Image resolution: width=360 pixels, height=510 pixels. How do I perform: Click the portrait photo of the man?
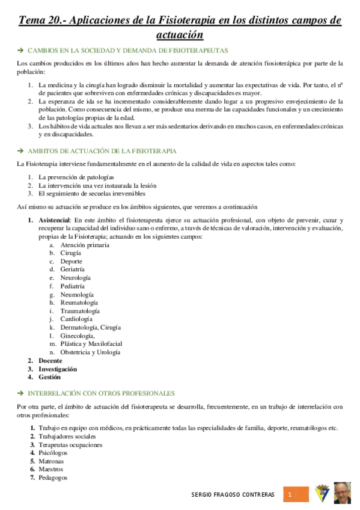[x=343, y=493]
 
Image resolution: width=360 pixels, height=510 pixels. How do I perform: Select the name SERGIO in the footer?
[x=202, y=495]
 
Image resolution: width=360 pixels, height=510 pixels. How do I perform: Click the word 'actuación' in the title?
[x=180, y=34]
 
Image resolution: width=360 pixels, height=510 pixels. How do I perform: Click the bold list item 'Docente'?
[x=50, y=360]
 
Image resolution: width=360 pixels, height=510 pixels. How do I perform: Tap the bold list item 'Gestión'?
[x=49, y=377]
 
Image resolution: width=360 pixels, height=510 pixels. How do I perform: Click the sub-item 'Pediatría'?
[x=73, y=286]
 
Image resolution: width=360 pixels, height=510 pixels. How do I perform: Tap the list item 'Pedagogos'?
[x=53, y=478]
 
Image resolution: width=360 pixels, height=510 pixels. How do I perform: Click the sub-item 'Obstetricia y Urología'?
[x=90, y=352]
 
